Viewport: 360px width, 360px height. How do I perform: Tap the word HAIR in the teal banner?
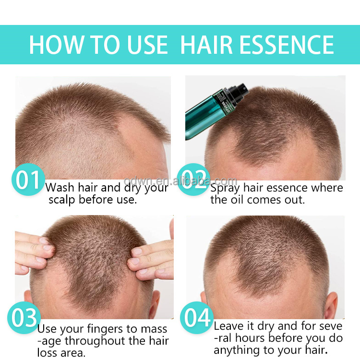click(206, 45)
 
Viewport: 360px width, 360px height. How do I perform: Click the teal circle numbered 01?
click(28, 180)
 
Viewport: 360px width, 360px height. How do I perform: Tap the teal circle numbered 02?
click(193, 180)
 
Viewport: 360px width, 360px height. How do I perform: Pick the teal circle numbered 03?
click(24, 318)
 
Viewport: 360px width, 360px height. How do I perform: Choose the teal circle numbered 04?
click(197, 318)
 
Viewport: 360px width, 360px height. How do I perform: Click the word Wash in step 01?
click(60, 188)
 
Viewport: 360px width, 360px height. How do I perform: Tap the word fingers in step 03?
click(105, 329)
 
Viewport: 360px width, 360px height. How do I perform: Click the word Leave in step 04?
click(228, 326)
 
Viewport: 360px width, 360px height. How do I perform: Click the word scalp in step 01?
click(62, 200)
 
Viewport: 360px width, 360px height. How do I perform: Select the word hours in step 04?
click(250, 338)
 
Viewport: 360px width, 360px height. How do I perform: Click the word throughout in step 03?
click(95, 341)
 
